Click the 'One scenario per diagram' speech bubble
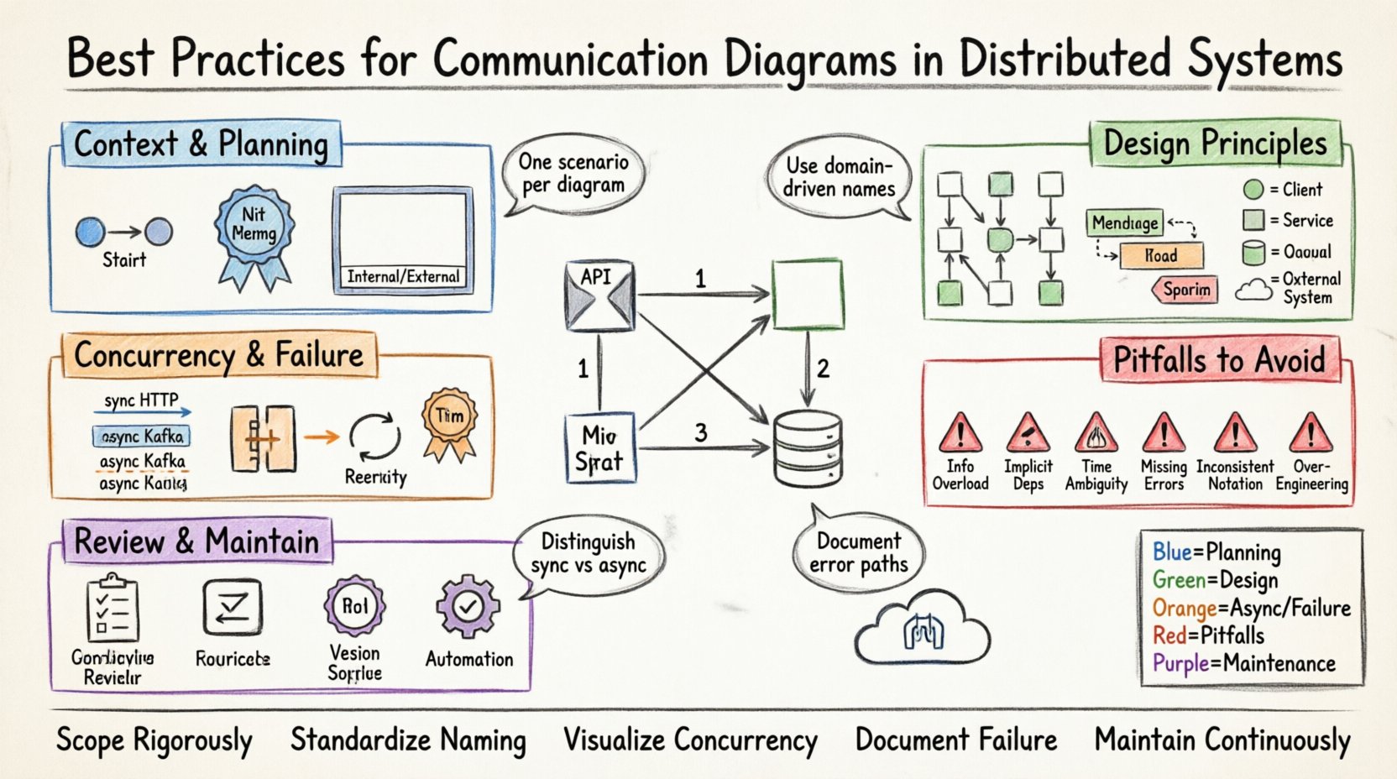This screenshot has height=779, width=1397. (573, 174)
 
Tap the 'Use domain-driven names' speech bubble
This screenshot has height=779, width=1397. (839, 177)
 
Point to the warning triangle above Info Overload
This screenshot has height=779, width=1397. (960, 433)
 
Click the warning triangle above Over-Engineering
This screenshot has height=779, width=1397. (1311, 433)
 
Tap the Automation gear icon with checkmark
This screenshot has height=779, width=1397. (468, 608)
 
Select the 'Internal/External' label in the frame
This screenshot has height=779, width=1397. (403, 276)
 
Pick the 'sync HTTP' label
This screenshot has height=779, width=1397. (141, 400)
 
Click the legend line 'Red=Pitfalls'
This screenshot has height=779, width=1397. (1208, 635)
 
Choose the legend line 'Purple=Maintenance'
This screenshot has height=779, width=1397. (1243, 663)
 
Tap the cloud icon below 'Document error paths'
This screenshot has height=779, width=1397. (922, 633)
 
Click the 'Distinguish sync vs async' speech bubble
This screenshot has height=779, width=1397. (588, 553)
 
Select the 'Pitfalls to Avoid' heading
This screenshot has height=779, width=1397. (1219, 360)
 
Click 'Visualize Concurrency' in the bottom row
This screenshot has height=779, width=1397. (690, 740)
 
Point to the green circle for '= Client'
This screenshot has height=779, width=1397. (1253, 189)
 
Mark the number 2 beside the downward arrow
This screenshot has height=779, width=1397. (823, 368)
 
